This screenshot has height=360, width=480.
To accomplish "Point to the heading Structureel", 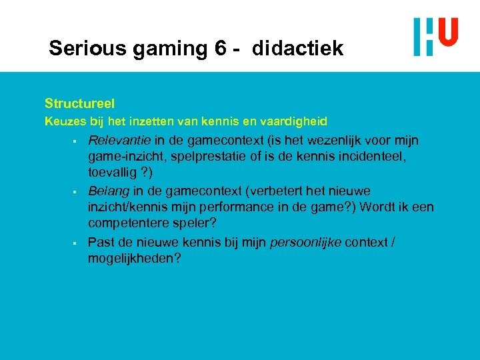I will click(79, 103).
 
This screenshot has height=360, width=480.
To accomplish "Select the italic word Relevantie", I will click(119, 141).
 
